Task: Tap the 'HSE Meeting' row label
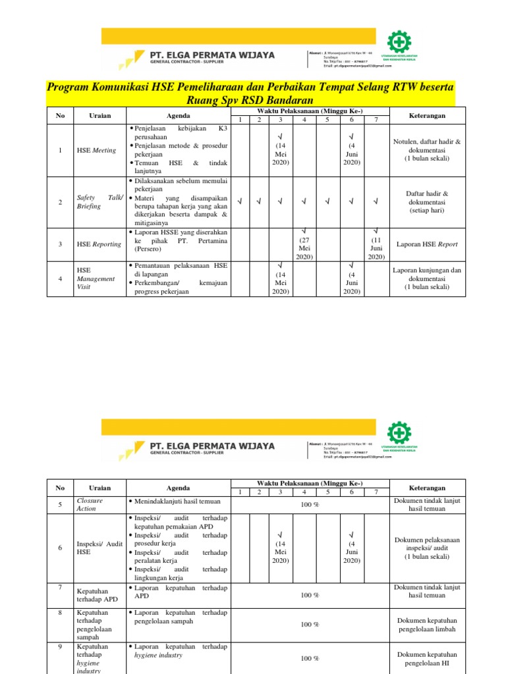point(96,150)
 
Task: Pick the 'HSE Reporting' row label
point(99,244)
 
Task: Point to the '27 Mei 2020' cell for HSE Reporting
point(304,244)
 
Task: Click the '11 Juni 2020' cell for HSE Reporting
point(376,244)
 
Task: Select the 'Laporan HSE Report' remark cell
point(427,244)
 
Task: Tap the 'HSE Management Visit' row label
point(96,278)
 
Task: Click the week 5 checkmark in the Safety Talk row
point(327,202)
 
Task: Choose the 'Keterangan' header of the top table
point(427,116)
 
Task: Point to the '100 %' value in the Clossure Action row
point(310,505)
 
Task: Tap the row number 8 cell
point(60,612)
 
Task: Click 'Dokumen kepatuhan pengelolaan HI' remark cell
point(427,658)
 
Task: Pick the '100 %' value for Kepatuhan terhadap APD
point(310,596)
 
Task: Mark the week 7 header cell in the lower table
point(376,492)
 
